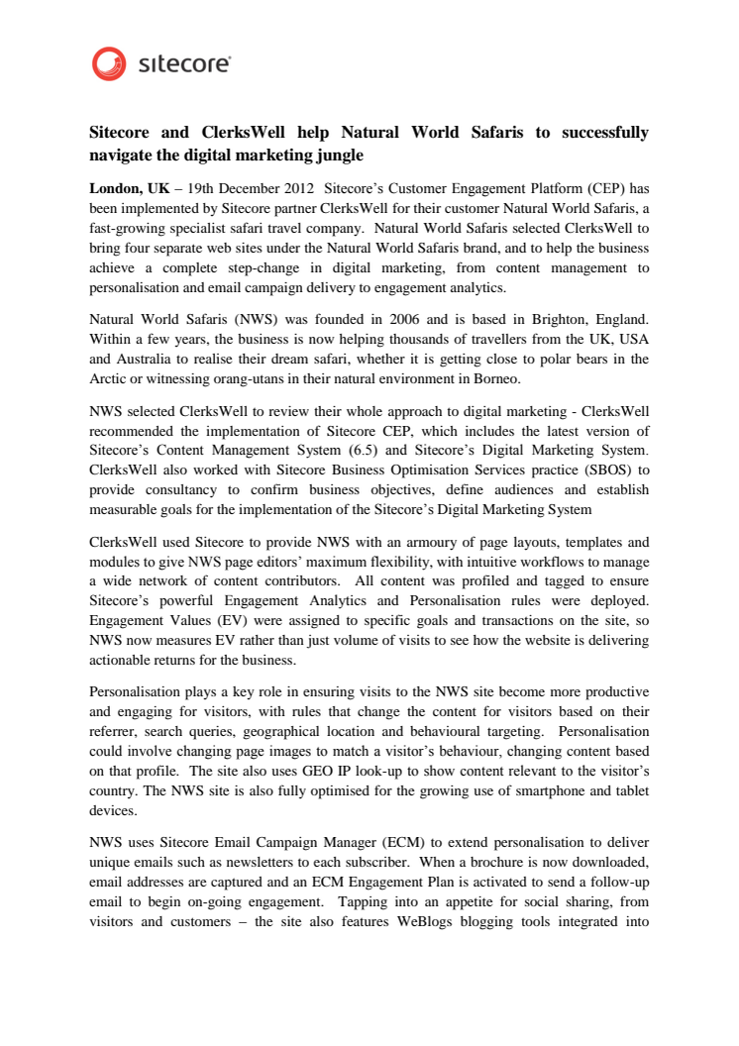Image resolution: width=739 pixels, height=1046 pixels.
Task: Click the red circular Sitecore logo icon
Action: (x=109, y=63)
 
